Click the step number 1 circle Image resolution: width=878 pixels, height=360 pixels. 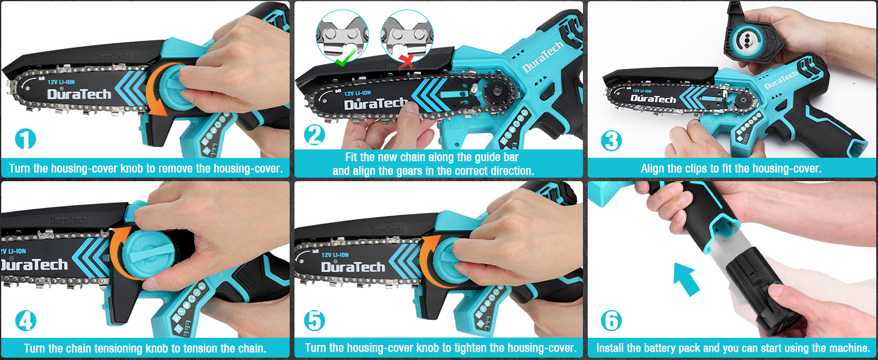25,139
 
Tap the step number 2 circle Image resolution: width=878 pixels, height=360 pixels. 314,135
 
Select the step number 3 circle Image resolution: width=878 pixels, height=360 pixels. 611,141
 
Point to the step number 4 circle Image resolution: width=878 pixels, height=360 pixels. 25,321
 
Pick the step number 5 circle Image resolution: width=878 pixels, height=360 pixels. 314,321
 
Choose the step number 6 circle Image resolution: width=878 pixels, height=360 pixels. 611,321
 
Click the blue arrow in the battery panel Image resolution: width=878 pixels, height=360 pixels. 686,279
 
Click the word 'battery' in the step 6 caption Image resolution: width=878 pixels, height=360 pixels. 660,348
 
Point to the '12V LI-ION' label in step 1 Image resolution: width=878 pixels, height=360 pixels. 61,82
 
